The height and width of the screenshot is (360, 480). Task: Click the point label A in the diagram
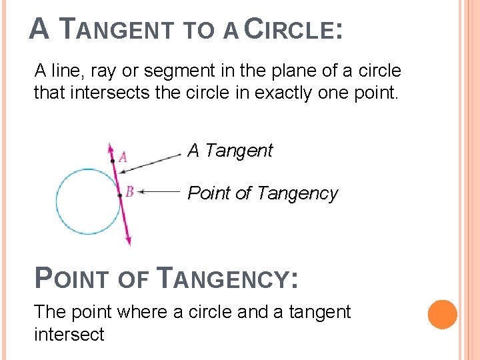pos(123,158)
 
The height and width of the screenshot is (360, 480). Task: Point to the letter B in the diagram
pos(130,192)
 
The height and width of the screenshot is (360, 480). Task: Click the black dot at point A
pos(113,161)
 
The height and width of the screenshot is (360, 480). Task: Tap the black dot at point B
pos(119,195)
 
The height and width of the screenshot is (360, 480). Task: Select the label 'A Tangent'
pos(230,151)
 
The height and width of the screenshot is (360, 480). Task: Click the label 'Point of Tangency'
pos(263,193)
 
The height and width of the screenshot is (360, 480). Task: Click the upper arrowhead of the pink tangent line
pos(109,146)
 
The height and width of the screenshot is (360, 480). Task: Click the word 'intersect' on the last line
pos(69,333)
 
